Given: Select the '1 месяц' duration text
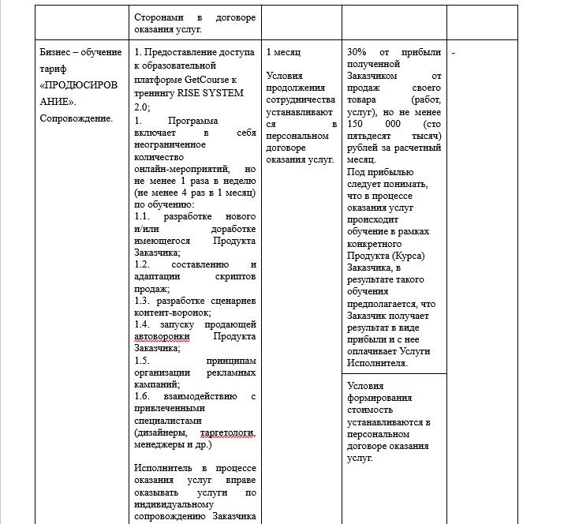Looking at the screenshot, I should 282,52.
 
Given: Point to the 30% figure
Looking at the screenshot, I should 356,52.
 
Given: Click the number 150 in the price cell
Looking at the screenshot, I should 359,125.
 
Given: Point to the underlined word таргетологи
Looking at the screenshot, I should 228,433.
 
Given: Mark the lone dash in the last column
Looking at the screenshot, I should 453,53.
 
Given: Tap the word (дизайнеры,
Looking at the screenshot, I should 161,433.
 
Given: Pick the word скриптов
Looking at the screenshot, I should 235,276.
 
